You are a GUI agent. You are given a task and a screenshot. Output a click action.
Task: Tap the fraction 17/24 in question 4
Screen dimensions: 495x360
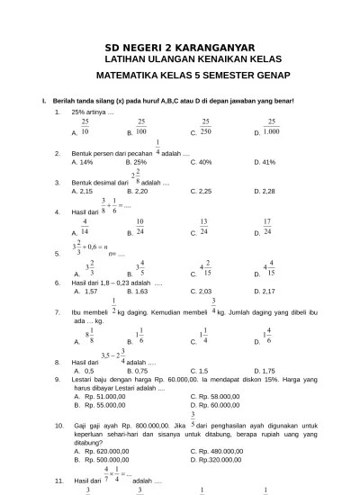(267, 226)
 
